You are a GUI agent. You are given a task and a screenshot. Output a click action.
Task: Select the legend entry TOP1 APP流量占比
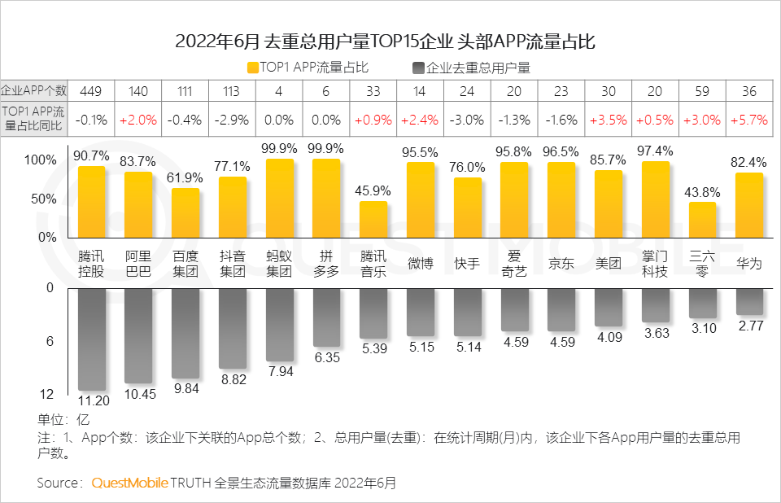308,68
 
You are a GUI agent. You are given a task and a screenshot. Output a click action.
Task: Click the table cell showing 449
91,91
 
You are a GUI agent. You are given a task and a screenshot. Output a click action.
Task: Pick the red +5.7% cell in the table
748,120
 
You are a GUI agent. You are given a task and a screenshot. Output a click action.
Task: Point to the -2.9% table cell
232,120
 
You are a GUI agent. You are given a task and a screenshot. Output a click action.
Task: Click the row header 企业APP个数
34,91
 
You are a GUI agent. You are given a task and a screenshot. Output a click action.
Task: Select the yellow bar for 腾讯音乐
373,219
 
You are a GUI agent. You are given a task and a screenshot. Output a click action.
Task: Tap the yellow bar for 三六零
702,220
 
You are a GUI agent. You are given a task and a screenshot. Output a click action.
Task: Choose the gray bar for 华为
748,301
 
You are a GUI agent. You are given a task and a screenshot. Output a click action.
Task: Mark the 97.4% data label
655,151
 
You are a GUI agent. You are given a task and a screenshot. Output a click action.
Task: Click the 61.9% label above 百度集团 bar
185,177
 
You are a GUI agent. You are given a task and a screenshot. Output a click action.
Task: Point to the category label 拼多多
326,264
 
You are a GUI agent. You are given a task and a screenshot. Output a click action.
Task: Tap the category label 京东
561,264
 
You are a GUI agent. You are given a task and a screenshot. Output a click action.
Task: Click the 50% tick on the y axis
44,199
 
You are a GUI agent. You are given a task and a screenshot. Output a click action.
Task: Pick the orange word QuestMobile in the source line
129,483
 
